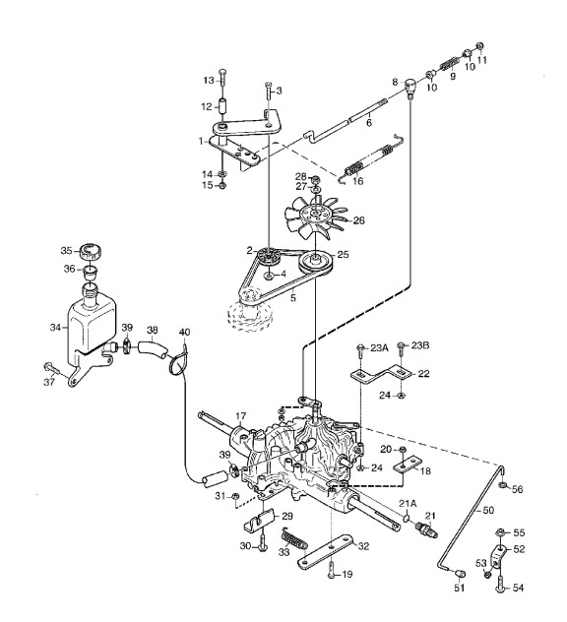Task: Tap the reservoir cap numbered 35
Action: pos(91,252)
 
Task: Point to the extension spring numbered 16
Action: pos(370,159)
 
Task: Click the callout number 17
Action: pos(241,416)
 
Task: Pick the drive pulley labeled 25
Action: pos(316,263)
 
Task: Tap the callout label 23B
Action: pos(420,345)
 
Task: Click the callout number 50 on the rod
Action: pos(488,510)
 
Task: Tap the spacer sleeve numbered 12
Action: pos(221,108)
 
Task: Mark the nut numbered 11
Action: pos(479,47)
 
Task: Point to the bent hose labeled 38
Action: pos(153,348)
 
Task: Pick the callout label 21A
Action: pos(408,503)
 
